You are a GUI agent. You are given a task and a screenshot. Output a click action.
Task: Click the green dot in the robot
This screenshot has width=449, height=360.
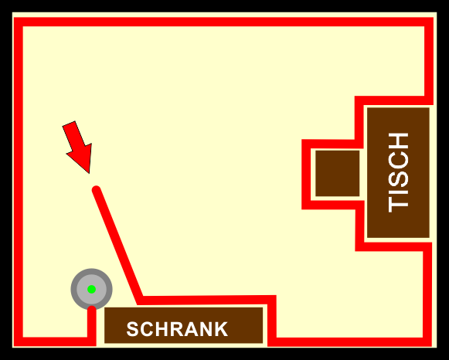click(91, 290)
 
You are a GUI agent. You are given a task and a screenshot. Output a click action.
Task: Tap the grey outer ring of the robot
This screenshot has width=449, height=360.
click(74, 290)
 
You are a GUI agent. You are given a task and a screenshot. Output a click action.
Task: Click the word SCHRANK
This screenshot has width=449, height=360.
click(177, 329)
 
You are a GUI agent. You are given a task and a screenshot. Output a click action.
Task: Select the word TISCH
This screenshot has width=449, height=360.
click(398, 172)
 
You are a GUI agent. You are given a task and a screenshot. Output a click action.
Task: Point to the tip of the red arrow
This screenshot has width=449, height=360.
click(90, 173)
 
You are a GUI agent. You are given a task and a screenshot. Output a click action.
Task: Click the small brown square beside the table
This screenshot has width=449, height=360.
click(337, 173)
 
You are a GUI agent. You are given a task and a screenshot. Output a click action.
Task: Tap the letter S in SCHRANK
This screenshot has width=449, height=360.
click(133, 329)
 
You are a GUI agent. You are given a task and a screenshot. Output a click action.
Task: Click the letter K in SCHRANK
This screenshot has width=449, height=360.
click(221, 329)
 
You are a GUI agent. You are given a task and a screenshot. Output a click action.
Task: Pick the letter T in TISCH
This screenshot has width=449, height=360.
click(398, 205)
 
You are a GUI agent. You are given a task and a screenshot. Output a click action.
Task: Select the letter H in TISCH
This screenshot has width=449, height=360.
click(398, 141)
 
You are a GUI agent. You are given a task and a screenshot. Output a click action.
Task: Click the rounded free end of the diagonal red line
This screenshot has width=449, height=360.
click(96, 190)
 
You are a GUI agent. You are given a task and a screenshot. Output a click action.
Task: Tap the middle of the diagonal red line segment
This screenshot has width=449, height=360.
click(118, 245)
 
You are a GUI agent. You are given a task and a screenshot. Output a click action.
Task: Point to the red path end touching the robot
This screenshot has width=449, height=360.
click(92, 310)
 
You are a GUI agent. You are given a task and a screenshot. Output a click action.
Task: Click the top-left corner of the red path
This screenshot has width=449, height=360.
click(19, 22)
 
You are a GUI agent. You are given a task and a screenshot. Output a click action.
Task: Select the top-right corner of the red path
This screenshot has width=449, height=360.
click(429, 22)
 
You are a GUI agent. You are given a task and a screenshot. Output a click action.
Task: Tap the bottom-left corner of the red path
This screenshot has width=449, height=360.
click(19, 341)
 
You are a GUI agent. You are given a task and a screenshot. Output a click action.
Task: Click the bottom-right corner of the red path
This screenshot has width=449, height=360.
click(427, 342)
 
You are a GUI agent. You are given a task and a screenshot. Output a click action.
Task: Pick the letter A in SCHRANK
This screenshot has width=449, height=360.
click(191, 329)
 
